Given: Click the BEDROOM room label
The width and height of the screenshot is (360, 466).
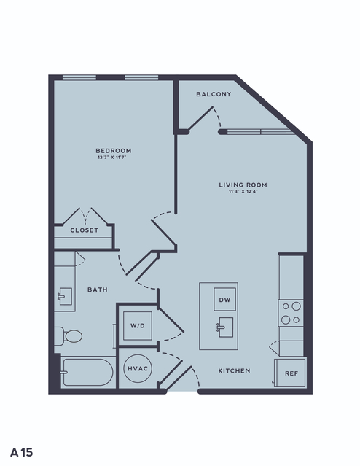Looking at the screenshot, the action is (114, 151).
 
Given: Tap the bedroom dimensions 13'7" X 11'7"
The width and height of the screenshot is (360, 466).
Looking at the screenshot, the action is (112, 158).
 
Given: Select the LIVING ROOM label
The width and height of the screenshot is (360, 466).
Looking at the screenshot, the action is (243, 185).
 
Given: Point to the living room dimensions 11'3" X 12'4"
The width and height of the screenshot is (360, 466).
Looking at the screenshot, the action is (243, 192).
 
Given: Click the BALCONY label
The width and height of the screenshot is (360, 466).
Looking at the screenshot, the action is (214, 94).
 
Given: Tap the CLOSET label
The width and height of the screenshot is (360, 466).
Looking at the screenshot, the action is (85, 230).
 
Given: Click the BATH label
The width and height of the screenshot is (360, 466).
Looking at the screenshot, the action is (98, 290).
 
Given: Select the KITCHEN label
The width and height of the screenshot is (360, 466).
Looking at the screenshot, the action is (235, 370).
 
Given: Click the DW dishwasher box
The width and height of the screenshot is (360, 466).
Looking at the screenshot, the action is (225, 299).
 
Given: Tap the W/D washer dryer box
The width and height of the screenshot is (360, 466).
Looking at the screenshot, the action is (138, 326).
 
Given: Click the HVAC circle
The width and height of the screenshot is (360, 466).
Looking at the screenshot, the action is (138, 368).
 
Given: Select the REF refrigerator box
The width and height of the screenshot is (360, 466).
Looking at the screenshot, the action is (290, 373).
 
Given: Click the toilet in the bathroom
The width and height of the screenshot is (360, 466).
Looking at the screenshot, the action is (69, 336).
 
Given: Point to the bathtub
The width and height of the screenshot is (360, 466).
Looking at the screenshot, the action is (87, 373).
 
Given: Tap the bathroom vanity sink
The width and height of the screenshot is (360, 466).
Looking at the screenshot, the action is (65, 296).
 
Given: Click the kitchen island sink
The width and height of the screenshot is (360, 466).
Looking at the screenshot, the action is (225, 327).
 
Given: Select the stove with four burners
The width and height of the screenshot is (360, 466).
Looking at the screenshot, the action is (291, 313).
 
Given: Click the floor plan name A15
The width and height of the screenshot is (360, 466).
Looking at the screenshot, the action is (22, 453).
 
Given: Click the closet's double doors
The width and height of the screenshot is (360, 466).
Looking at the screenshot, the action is (85, 217).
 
